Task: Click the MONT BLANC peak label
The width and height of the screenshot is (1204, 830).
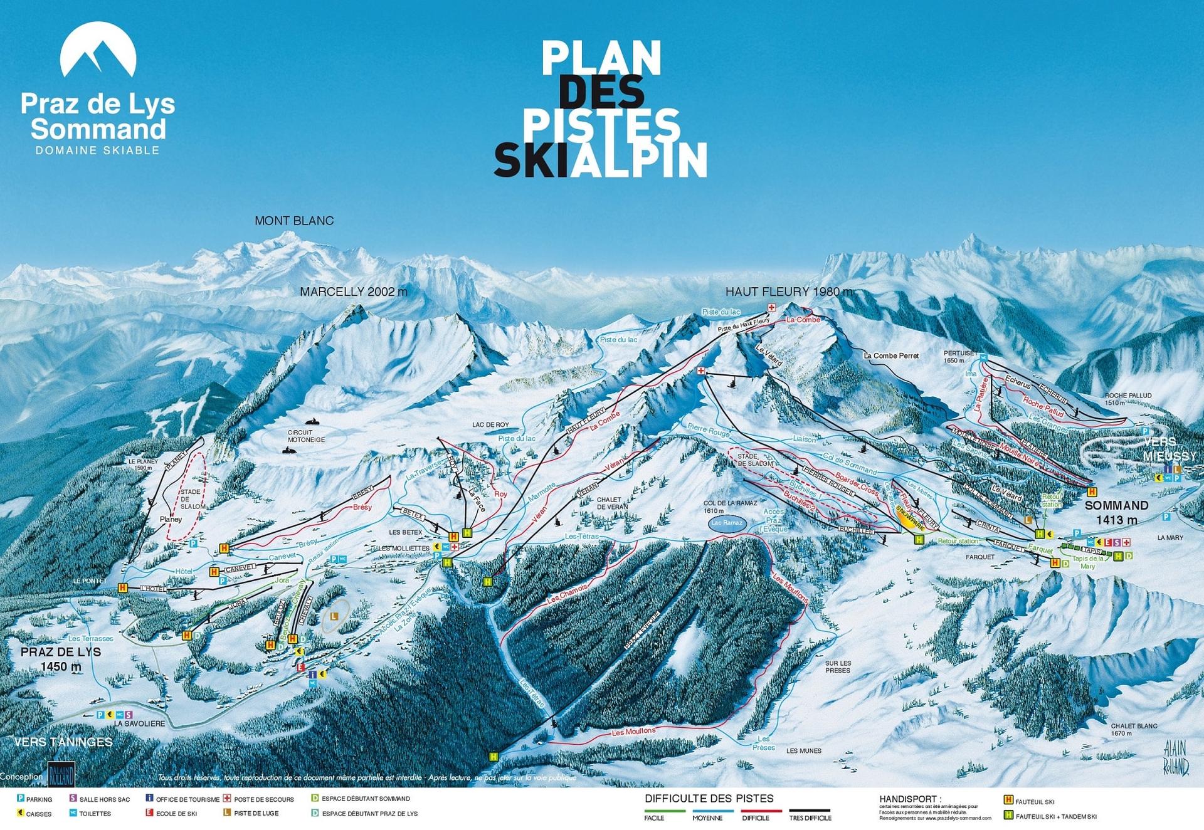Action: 293,221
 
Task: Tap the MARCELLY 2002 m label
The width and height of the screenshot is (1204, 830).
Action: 353,292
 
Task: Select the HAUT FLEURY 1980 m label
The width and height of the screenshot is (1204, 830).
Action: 789,292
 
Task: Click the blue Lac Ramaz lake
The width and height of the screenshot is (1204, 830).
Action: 727,523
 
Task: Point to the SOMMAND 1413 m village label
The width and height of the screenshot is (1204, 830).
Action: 1117,512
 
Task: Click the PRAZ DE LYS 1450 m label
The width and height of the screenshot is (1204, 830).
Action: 61,659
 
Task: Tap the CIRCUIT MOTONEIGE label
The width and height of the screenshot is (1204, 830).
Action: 306,436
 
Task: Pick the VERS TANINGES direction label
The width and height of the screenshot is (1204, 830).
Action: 63,742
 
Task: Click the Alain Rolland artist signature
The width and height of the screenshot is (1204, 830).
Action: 1176,757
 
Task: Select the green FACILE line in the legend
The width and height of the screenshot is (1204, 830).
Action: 665,811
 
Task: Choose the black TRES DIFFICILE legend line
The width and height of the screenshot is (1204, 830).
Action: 810,811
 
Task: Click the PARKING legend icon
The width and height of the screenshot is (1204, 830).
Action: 21,799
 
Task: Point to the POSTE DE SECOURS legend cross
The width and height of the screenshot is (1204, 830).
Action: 228,799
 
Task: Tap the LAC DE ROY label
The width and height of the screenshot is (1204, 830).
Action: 490,425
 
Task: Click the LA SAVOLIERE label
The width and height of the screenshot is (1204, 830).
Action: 139,723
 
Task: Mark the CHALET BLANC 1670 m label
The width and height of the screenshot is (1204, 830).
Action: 1134,729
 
